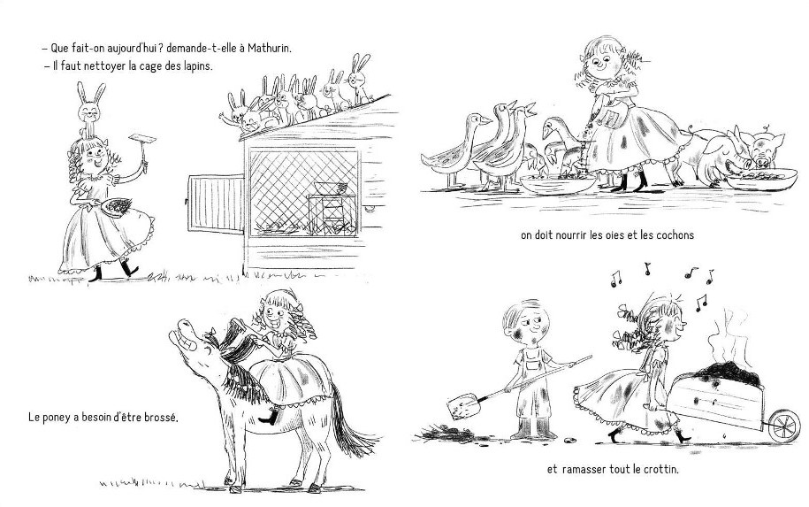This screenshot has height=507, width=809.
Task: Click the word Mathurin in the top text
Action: click(270, 49)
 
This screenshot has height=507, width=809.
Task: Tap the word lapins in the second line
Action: click(196, 66)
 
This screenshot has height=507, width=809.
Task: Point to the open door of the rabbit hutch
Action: click(216, 204)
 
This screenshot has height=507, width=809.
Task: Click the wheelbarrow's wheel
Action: click(784, 426)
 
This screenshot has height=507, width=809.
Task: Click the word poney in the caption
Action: click(60, 417)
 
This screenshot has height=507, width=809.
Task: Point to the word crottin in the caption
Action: click(660, 469)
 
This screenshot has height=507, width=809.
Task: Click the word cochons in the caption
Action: click(675, 235)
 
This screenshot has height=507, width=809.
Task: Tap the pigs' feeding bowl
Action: click(761, 179)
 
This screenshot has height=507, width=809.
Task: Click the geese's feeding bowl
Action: click(557, 184)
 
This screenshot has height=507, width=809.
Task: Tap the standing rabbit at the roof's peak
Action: click(357, 78)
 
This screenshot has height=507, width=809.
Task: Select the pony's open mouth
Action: click(181, 335)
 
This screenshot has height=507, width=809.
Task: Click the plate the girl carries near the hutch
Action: click(117, 206)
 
